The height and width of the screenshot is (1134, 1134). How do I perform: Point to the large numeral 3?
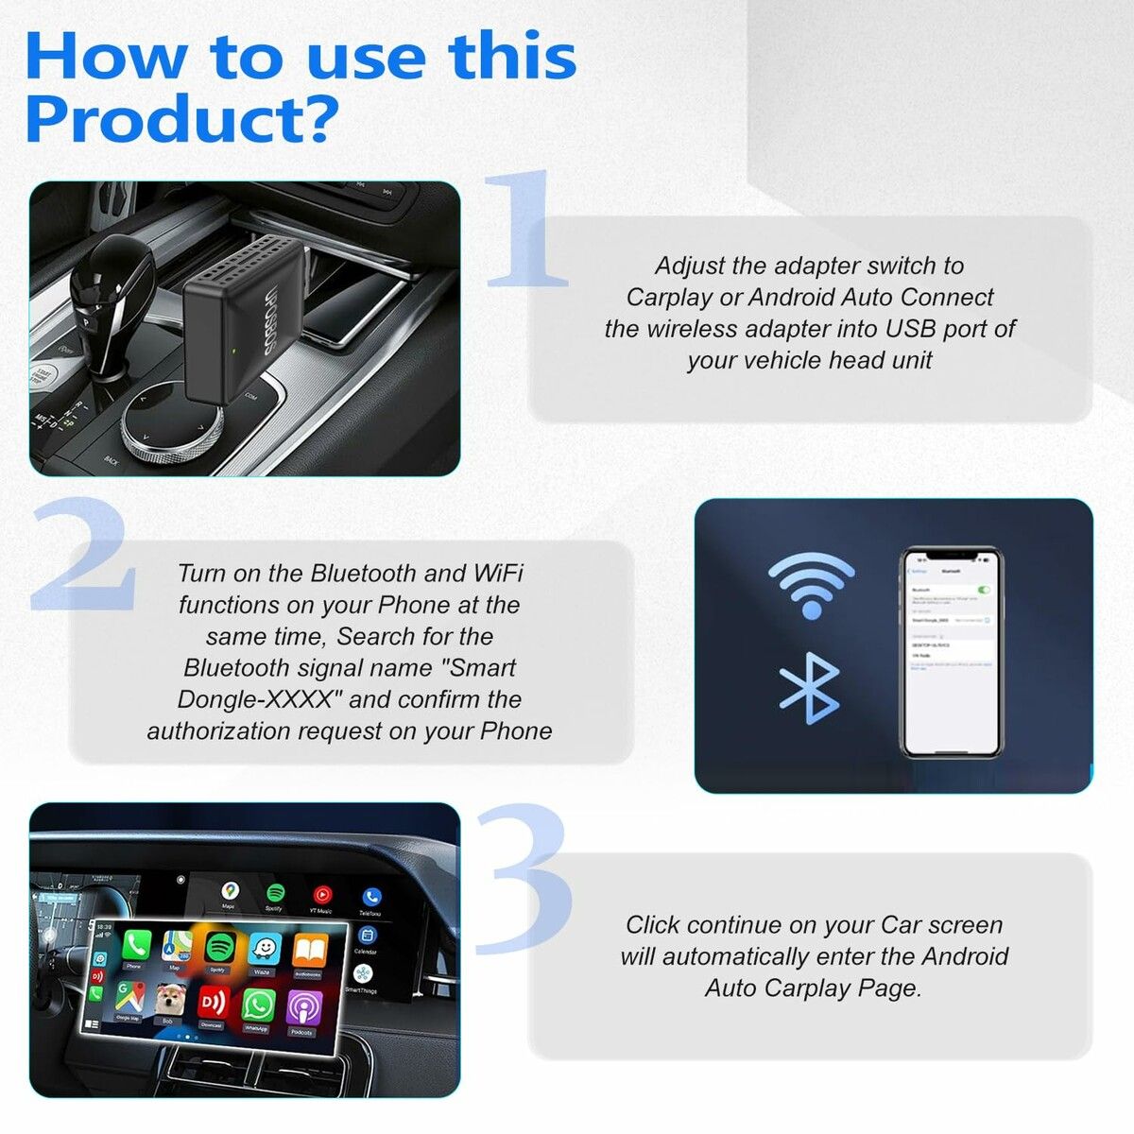coord(524,879)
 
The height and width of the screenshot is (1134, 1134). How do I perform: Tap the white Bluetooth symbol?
coord(809,688)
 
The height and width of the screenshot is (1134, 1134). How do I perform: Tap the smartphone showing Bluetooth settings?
coord(950,652)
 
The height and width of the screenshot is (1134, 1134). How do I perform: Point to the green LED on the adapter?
coord(232,355)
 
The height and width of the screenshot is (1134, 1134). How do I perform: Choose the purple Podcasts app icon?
coord(302,1009)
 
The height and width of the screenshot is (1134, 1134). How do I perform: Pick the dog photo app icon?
coord(168,998)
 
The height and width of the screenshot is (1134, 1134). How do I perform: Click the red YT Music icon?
coord(322,894)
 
